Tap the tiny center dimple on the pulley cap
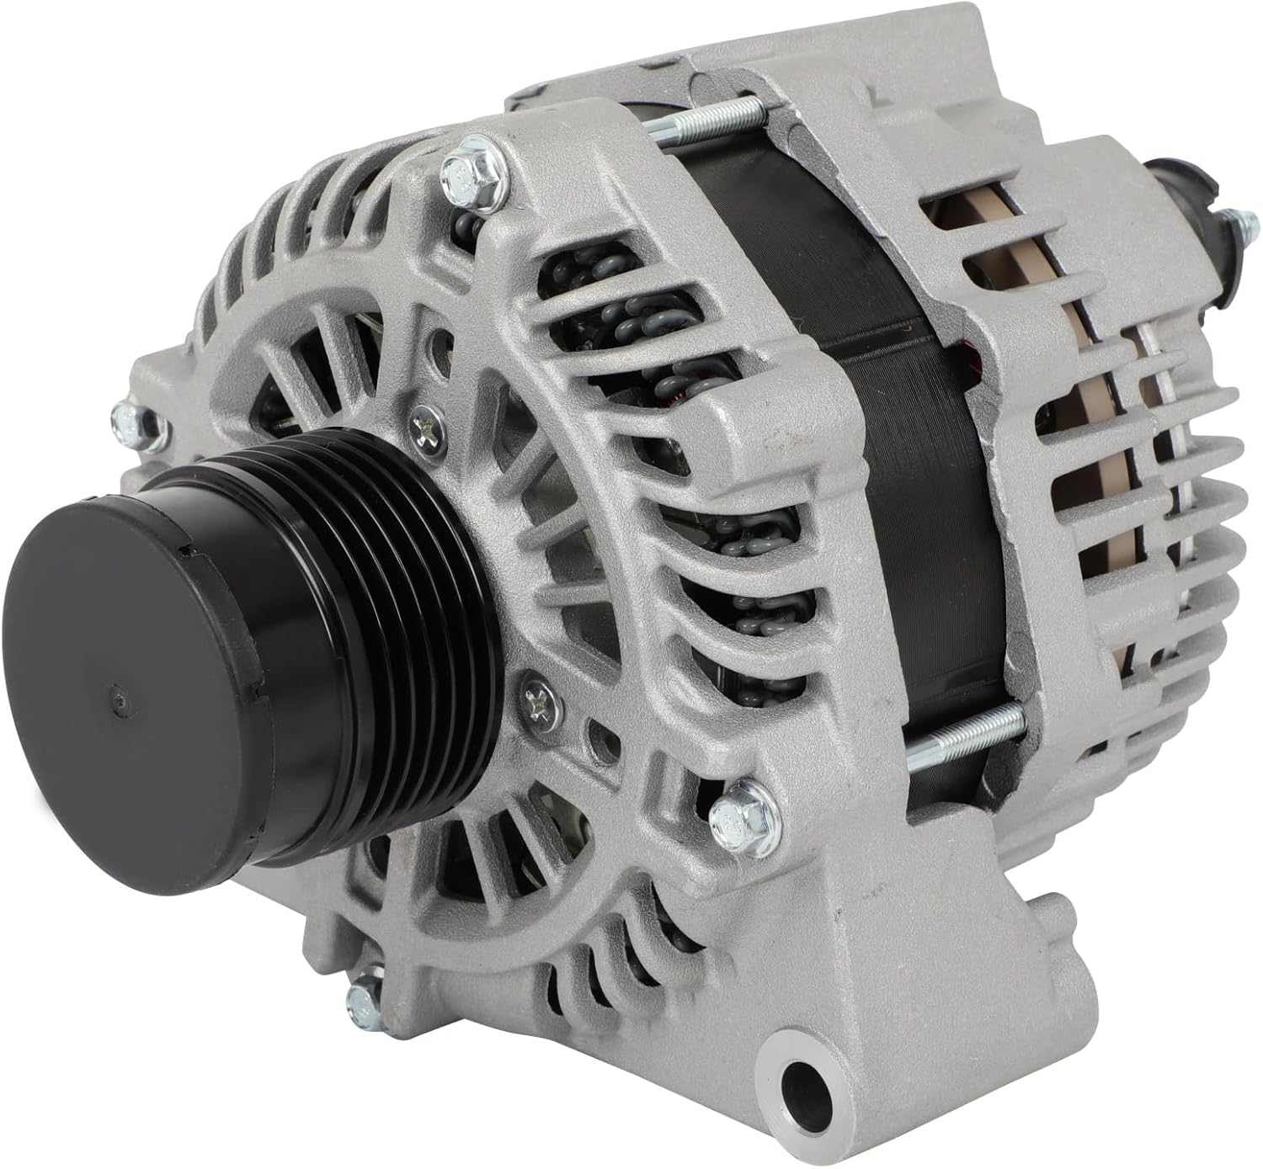(x=116, y=698)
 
